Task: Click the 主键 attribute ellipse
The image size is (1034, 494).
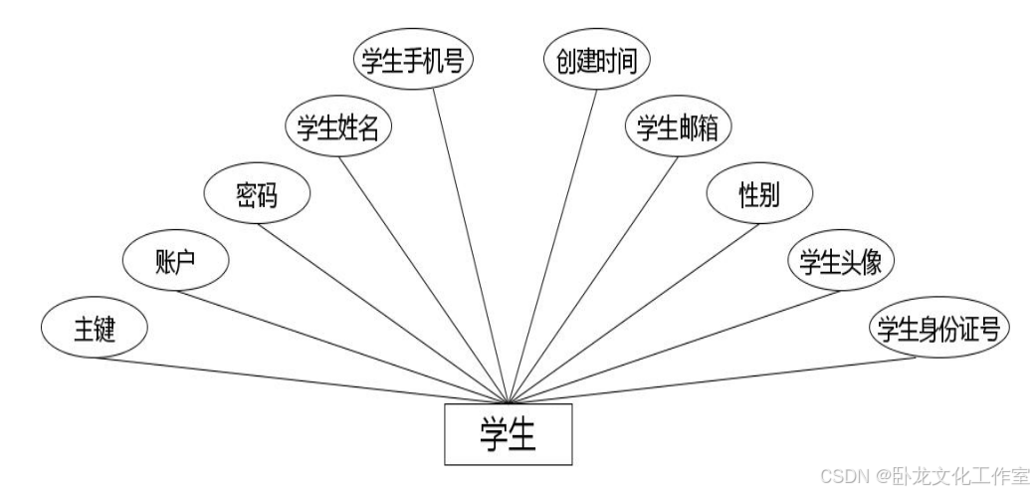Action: (x=95, y=329)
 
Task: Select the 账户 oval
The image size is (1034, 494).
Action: (x=175, y=262)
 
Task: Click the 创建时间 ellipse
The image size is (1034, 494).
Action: (x=597, y=60)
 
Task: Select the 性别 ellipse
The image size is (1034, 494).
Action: (x=759, y=195)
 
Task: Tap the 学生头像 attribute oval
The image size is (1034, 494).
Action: (x=841, y=262)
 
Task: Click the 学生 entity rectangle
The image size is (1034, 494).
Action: (x=508, y=434)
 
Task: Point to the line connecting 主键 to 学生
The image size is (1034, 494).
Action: (x=299, y=379)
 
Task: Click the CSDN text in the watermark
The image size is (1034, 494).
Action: (x=843, y=475)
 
